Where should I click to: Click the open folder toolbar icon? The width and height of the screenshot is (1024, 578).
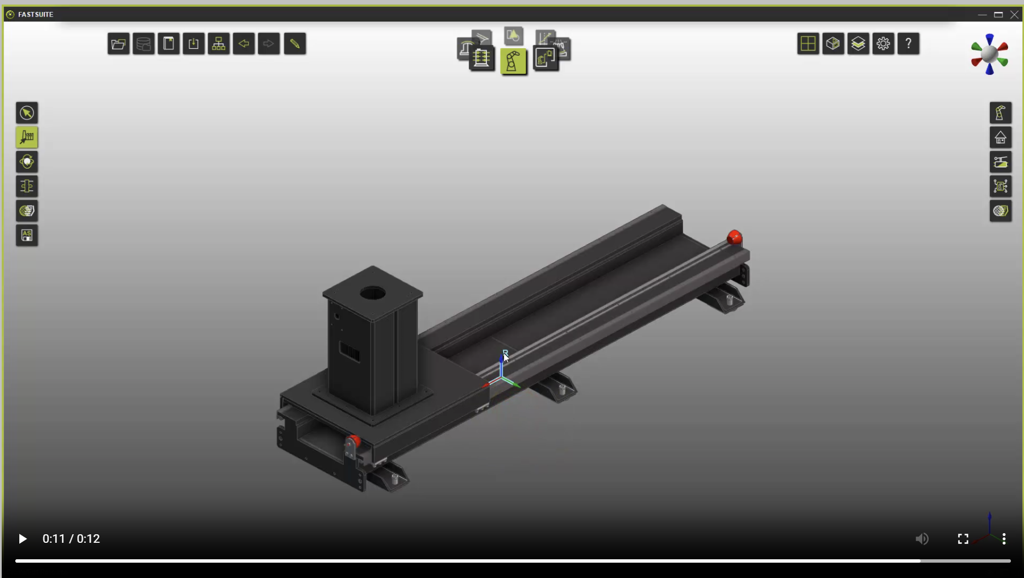tap(118, 44)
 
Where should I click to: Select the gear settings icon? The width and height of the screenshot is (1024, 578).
tap(883, 44)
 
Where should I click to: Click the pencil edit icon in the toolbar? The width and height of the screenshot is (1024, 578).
tap(294, 44)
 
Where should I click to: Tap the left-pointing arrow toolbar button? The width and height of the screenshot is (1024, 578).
tap(244, 44)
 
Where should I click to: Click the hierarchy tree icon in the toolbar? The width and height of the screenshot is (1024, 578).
tap(219, 44)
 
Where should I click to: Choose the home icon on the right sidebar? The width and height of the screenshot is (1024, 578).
tap(1000, 137)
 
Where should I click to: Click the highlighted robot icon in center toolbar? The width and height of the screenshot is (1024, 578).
tap(513, 61)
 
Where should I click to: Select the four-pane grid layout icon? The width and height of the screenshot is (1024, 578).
tap(807, 44)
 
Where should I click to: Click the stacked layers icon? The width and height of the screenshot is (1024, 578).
tap(858, 44)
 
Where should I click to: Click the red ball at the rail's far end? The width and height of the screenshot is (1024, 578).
tap(734, 237)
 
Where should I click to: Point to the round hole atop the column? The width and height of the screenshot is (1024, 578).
tap(373, 294)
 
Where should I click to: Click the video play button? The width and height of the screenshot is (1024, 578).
tap(22, 539)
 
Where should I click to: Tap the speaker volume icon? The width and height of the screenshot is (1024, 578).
tap(922, 539)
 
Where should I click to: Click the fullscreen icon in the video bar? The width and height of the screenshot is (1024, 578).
tap(963, 539)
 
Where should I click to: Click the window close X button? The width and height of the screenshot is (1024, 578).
tap(1014, 14)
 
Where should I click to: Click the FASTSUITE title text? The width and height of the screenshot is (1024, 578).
tap(36, 14)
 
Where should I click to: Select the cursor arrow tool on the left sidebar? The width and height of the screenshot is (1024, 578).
tap(27, 113)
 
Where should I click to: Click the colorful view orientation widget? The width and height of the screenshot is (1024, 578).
tap(989, 55)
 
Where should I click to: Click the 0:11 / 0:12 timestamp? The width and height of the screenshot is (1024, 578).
tap(71, 539)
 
